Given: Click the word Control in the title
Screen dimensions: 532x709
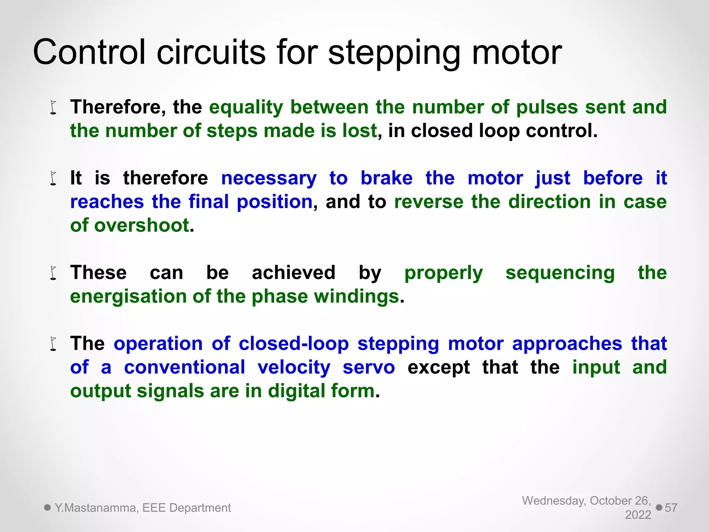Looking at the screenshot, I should tap(89, 52).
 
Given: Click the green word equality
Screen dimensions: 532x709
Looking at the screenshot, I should tap(246, 107).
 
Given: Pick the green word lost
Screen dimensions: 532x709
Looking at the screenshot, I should tap(359, 131).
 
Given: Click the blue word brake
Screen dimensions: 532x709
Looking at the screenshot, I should tap(386, 178).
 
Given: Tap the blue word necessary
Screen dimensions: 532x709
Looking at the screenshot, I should tap(269, 179).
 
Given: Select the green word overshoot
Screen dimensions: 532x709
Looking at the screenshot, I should tap(142, 225).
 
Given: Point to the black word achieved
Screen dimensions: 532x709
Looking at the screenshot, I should tap(294, 273).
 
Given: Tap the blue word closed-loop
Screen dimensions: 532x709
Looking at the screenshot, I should tap(294, 344).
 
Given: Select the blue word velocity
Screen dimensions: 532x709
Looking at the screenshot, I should tap(294, 367).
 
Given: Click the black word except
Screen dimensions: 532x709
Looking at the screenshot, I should tap(439, 367).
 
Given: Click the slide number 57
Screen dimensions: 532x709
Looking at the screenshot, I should tap(671, 508).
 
